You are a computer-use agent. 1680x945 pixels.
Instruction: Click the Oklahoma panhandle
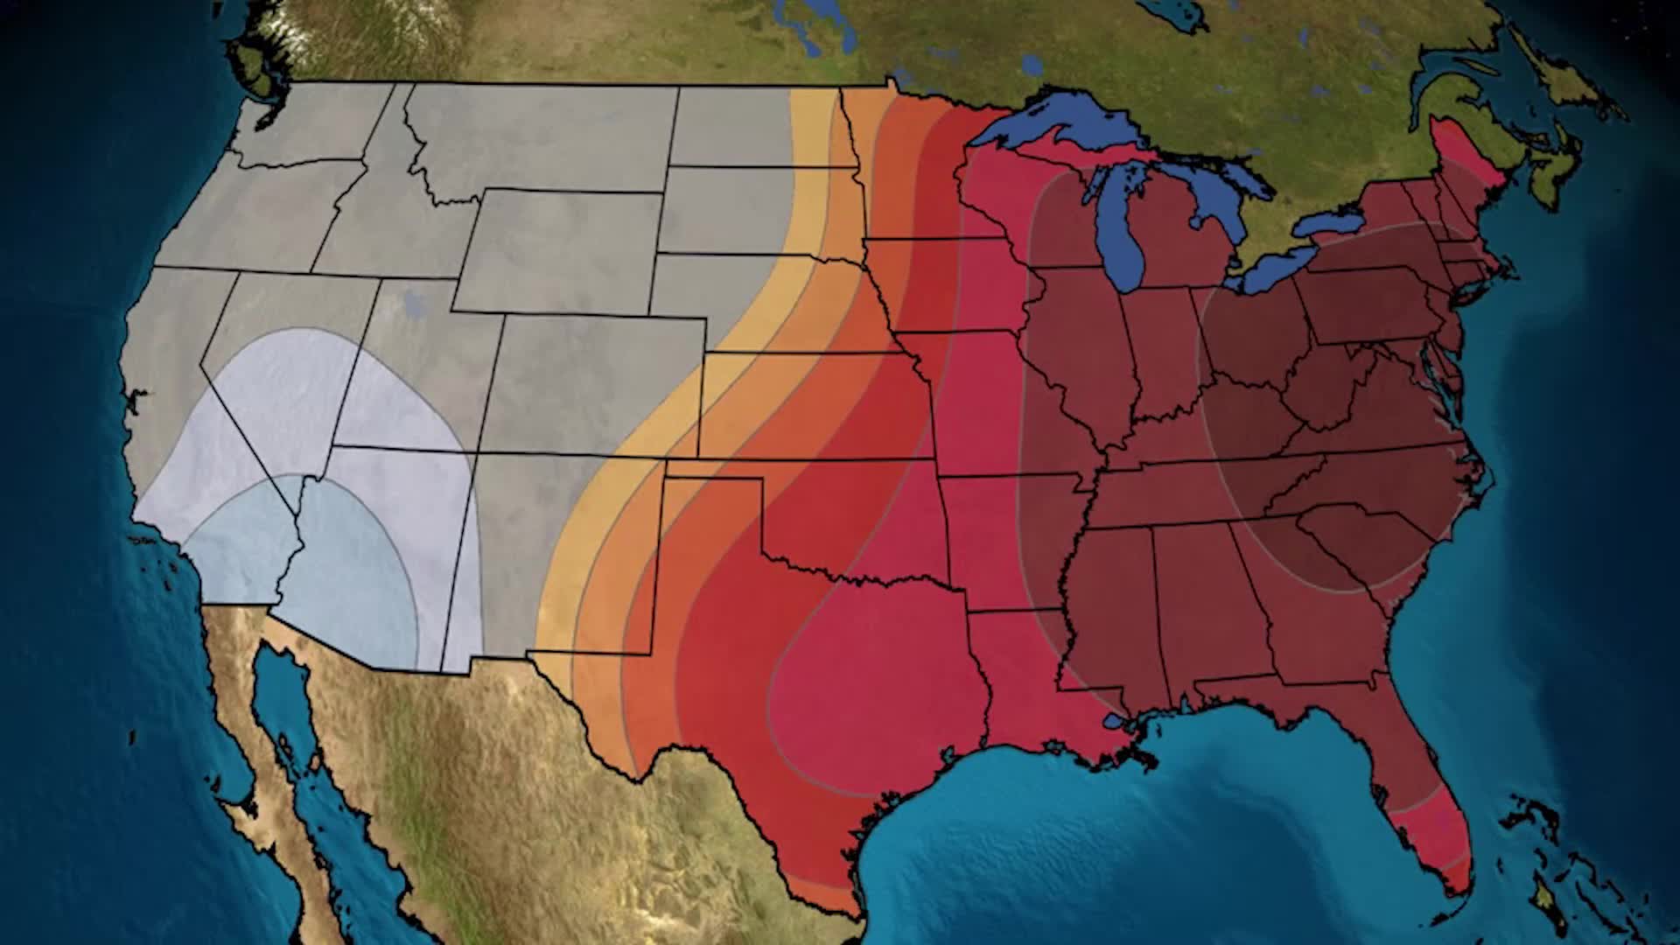[709, 469]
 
